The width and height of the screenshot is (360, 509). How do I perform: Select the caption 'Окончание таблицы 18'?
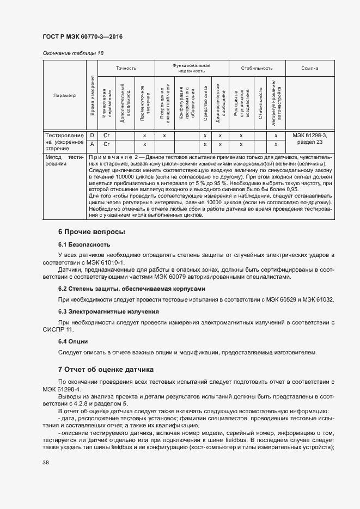(x=72, y=53)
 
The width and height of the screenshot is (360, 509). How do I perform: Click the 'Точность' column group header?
(x=126, y=68)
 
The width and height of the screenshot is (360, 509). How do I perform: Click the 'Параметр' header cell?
(x=64, y=95)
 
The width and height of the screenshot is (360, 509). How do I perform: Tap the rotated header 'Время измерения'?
(x=93, y=95)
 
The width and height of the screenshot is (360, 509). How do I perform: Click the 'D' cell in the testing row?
(x=92, y=134)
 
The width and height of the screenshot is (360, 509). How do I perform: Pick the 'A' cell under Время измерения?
(x=92, y=144)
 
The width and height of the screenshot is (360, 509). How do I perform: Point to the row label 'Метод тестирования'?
(x=64, y=160)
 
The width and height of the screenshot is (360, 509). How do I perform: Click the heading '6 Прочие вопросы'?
(x=91, y=232)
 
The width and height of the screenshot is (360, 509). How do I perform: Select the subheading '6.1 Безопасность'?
(x=84, y=244)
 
